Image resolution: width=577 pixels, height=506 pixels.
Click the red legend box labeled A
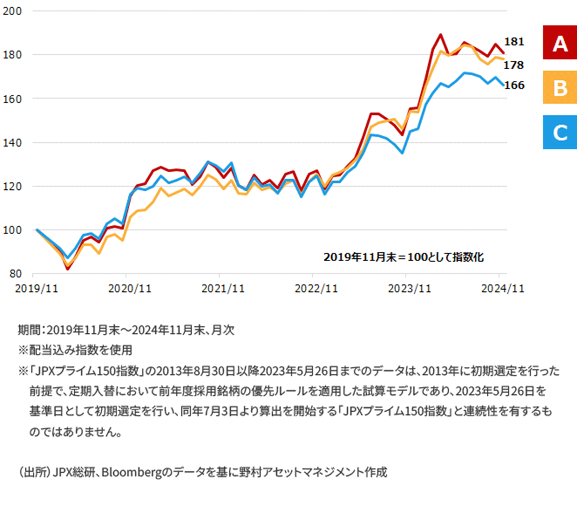[560, 42]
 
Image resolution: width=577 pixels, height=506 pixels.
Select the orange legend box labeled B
[560, 87]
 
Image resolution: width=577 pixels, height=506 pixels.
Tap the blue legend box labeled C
[560, 132]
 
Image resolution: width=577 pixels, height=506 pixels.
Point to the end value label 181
[514, 42]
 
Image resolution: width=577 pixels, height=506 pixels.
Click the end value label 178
[514, 65]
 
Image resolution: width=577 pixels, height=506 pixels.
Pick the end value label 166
[514, 85]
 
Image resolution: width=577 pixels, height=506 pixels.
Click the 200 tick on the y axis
[12, 11]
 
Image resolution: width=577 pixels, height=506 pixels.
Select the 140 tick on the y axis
[12, 143]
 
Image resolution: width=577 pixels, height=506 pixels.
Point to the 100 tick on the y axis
[12, 230]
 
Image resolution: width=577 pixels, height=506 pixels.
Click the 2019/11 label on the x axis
[37, 289]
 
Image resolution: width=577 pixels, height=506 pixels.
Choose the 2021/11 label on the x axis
[223, 289]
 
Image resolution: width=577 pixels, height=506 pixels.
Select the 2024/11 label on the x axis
[503, 289]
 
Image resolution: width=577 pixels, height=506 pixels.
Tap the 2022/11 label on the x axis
[316, 289]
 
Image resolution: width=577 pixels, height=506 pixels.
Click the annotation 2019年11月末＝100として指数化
[404, 257]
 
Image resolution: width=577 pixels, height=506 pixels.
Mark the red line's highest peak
[441, 34]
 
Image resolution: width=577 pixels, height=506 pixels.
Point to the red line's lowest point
[68, 269]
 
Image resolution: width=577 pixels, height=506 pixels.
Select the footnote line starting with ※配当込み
[75, 350]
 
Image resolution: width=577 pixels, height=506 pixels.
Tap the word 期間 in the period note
[29, 330]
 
